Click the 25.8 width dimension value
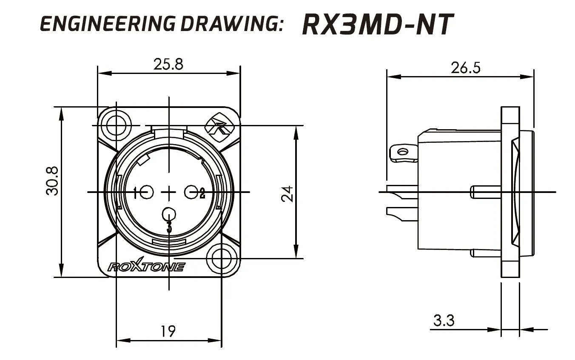pyautogui.click(x=168, y=64)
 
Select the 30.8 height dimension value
pyautogui.click(x=52, y=181)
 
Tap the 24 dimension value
pyautogui.click(x=287, y=193)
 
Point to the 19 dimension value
pyautogui.click(x=168, y=331)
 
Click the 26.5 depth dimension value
pyautogui.click(x=466, y=68)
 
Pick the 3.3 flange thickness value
pyautogui.click(x=444, y=320)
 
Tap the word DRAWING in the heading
pyautogui.click(x=232, y=25)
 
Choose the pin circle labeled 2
pyautogui.click(x=191, y=192)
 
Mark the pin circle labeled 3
pyautogui.click(x=169, y=214)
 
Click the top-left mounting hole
pyautogui.click(x=116, y=125)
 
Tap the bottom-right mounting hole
pyautogui.click(x=222, y=258)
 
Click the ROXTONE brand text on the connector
pyautogui.click(x=146, y=266)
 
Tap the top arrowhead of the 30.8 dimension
pyautogui.click(x=62, y=111)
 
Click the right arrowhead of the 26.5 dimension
pyautogui.click(x=529, y=77)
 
